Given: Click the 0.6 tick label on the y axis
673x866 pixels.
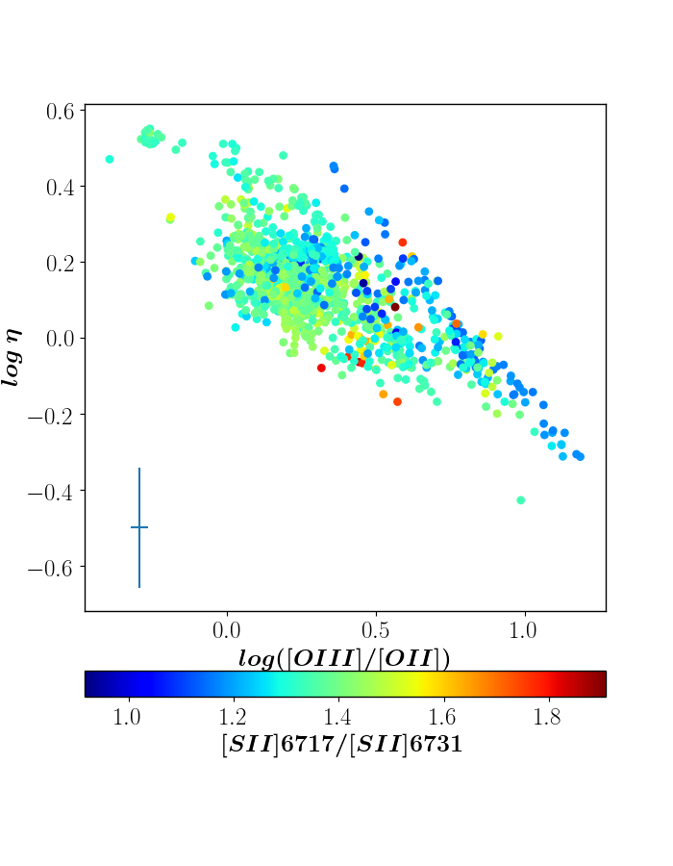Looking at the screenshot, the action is click(60, 112).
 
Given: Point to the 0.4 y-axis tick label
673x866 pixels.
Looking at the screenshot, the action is click(60, 188).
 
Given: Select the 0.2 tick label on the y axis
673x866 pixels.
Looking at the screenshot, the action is click(60, 263).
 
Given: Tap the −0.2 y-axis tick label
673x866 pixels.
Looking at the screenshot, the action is click(50, 416).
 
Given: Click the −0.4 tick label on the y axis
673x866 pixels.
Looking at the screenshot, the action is click(50, 492).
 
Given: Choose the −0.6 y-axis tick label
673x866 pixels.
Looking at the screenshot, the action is click(50, 567).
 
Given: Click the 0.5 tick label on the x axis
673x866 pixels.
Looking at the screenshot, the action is click(376, 629).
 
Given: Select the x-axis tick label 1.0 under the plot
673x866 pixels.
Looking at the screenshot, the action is click(523, 629).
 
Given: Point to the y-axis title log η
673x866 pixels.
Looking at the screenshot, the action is click(12, 357).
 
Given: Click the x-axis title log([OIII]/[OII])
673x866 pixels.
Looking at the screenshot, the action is click(344, 659).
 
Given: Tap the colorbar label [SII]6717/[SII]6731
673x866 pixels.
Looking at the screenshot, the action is click(342, 745).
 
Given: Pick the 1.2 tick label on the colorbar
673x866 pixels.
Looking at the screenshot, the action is click(233, 717).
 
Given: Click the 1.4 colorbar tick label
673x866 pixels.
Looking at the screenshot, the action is click(337, 717).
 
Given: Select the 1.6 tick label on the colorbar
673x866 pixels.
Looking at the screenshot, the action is click(442, 717).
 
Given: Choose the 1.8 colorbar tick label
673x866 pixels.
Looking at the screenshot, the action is click(547, 717).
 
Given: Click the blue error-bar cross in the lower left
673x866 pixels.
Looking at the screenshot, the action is click(139, 527).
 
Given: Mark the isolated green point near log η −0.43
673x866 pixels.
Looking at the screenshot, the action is click(521, 500).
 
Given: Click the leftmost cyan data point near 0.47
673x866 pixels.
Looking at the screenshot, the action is click(110, 159).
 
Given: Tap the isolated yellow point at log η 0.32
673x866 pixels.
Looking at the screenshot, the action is click(170, 217).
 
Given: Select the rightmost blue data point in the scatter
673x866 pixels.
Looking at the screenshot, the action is click(580, 457).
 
